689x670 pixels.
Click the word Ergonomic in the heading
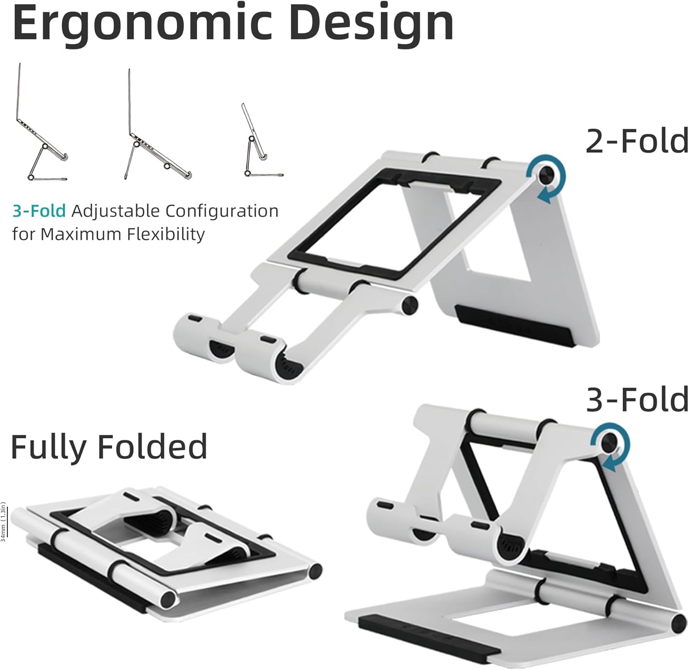tap(142, 23)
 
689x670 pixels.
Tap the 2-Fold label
tap(637, 141)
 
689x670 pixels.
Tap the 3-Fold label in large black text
tap(637, 399)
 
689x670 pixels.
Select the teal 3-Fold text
tap(39, 211)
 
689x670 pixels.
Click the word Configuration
tap(222, 211)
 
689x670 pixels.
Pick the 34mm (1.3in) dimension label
tap(4, 522)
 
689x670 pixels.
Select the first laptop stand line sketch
tap(41, 124)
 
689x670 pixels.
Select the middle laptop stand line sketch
tap(156, 126)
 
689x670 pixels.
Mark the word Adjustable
tap(115, 211)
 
